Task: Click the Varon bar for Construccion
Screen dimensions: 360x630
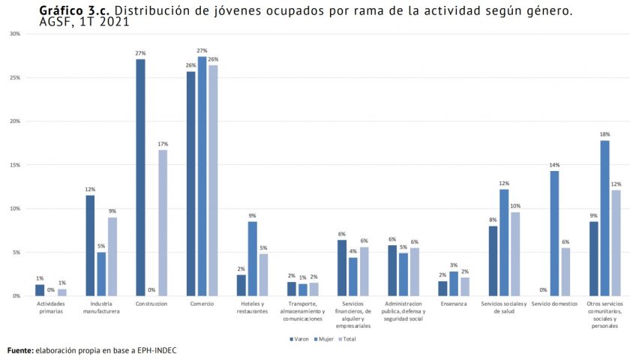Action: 140,177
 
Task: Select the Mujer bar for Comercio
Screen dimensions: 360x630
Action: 202,176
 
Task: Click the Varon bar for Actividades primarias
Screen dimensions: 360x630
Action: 40,290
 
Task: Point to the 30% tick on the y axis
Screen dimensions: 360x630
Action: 15,34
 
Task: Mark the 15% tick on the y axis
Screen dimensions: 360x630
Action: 15,165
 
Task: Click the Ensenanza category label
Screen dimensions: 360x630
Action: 454,304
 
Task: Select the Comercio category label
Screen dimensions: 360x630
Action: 202,304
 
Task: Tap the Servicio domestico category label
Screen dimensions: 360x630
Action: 554,304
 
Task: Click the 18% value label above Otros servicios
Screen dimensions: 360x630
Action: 604,134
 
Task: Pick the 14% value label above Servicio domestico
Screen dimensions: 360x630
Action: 554,165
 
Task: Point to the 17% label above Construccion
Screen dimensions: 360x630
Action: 163,144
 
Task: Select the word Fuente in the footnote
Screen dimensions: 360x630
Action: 20,350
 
